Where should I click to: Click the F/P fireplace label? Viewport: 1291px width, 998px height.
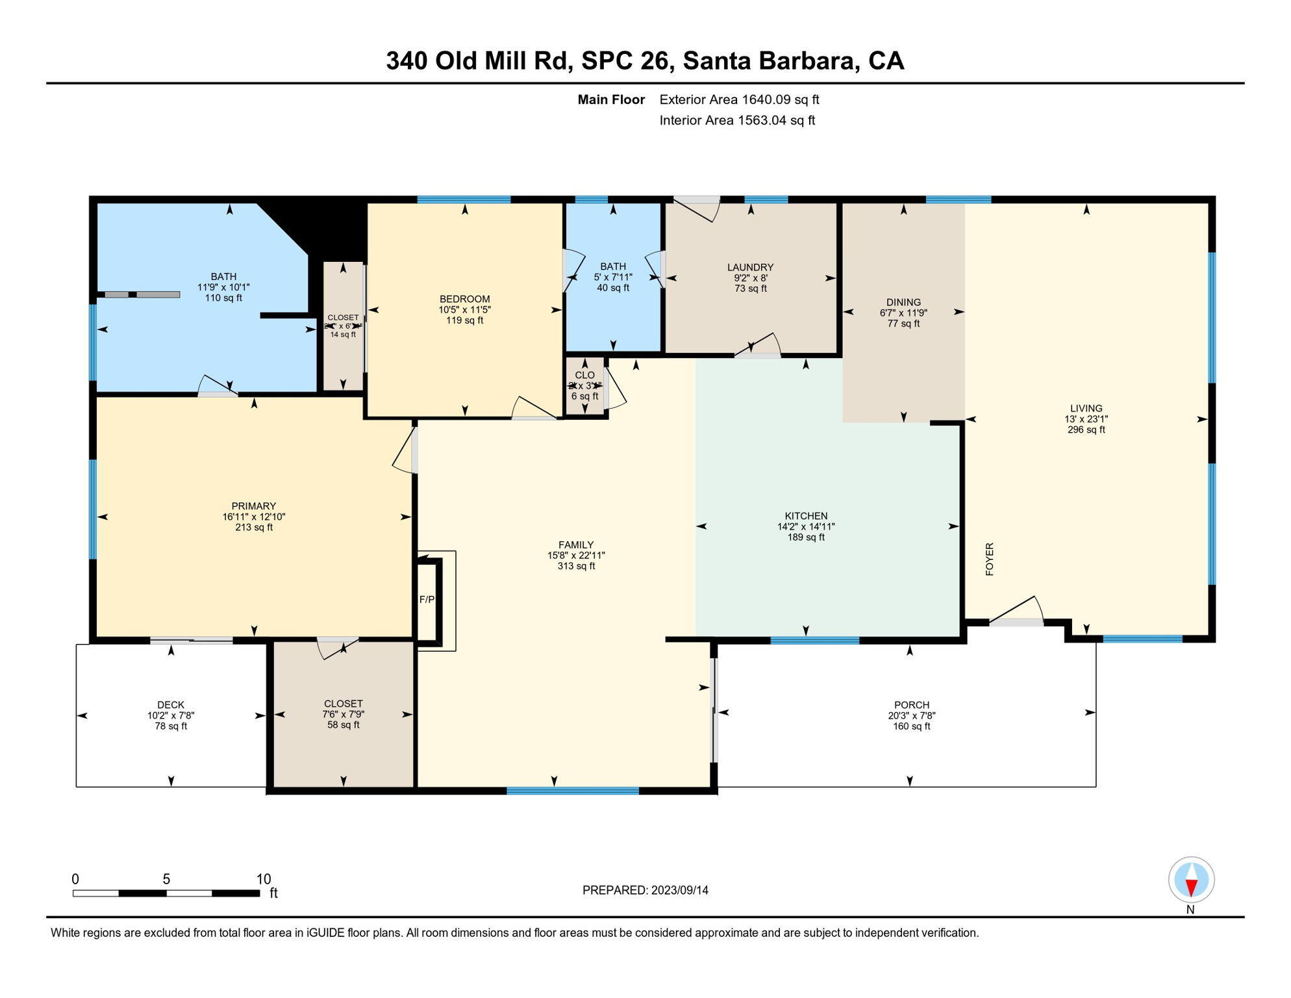427,599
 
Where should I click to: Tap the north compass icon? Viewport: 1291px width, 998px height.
1191,880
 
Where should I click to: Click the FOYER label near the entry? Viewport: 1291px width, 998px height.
990,559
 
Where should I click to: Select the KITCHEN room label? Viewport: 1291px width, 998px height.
806,516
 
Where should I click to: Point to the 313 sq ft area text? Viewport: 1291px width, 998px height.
576,566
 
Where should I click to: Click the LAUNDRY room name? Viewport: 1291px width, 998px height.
750,267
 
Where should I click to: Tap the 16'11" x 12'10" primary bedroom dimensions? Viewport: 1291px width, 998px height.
254,517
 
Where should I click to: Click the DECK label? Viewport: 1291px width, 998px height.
171,704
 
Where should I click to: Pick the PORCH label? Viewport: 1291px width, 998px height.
911,704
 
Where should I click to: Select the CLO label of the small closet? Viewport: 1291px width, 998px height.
584,375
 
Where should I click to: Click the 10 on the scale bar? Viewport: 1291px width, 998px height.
264,879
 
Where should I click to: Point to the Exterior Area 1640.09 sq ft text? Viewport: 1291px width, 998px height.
739,99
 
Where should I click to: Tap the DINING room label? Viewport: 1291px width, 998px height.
903,302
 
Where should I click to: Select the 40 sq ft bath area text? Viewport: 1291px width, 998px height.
613,288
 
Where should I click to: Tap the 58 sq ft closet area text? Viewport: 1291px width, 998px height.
343,724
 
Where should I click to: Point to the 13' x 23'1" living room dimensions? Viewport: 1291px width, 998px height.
1086,419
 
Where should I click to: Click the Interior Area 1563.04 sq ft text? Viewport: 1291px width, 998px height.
737,120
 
